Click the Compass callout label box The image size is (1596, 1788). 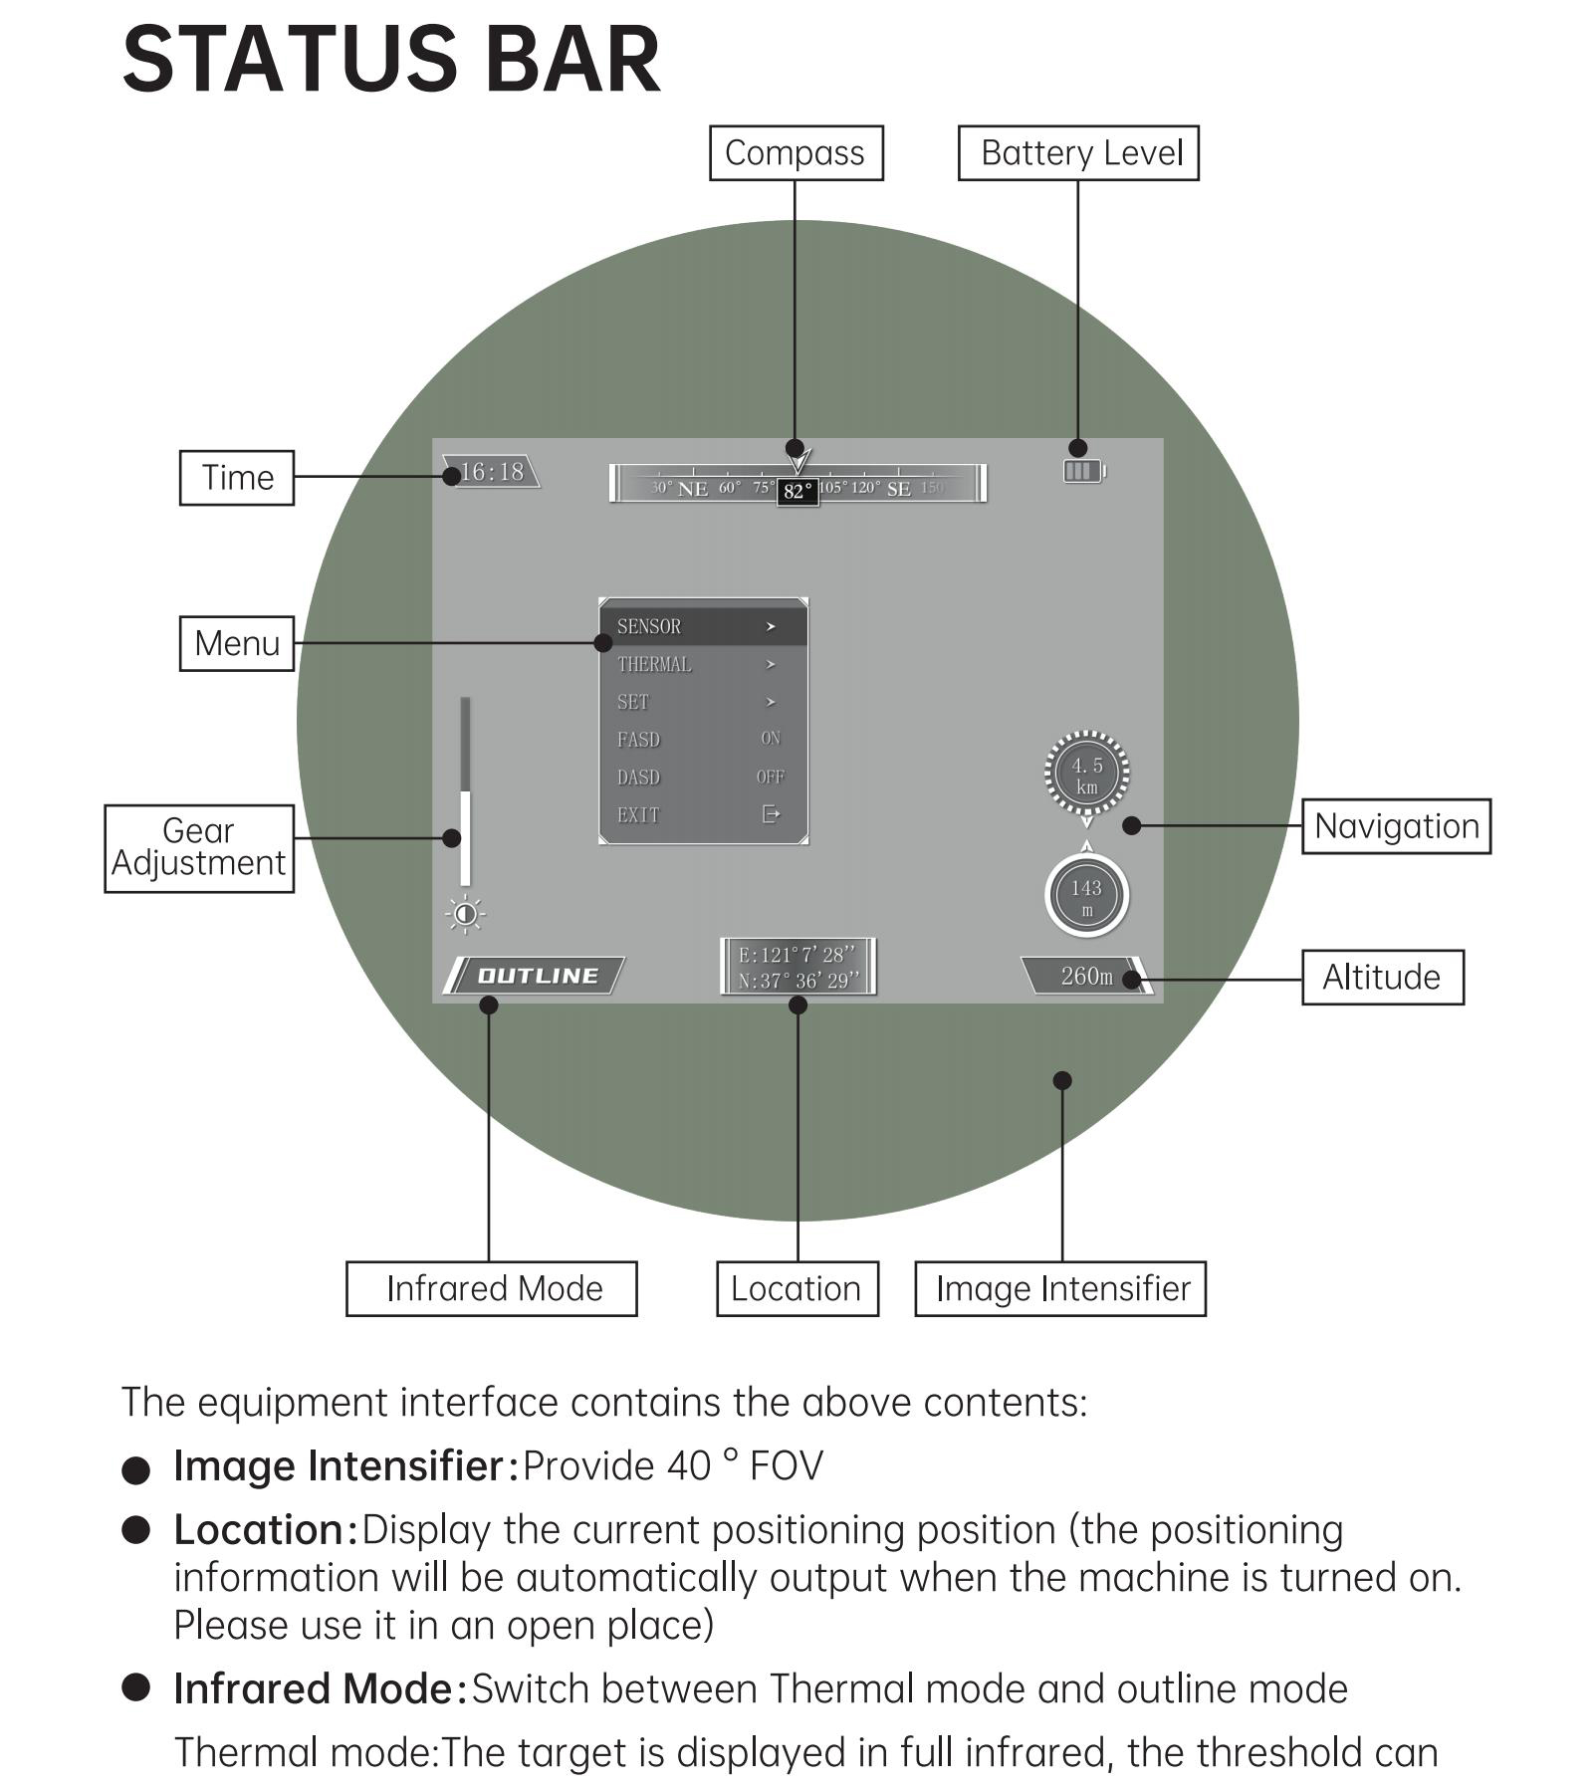(796, 153)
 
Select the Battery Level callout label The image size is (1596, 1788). (1077, 153)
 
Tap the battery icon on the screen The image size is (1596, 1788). (1083, 471)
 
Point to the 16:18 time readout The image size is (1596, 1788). (492, 472)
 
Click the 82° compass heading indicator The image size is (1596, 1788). (798, 491)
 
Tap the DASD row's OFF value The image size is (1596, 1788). (770, 777)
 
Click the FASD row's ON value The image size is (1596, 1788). (770, 739)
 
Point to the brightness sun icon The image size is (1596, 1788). (465, 914)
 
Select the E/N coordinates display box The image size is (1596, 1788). (798, 967)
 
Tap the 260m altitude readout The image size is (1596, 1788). (1085, 976)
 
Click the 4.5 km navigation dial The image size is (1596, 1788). (1086, 775)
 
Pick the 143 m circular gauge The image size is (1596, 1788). (1086, 896)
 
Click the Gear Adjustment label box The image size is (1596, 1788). (199, 847)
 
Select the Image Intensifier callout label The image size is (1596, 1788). (1060, 1288)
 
